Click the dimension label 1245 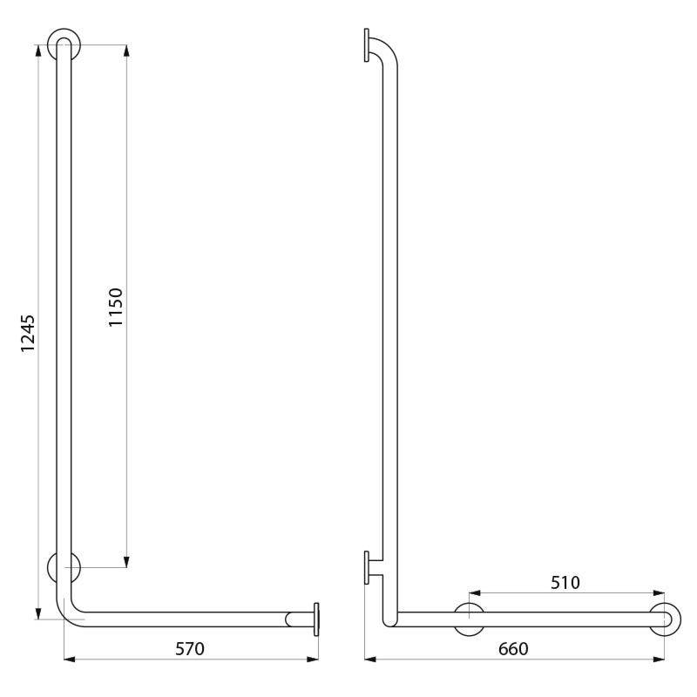tap(28, 333)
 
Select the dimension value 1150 tap(116, 307)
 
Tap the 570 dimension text tap(190, 649)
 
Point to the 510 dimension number tap(565, 582)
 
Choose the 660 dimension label tap(512, 649)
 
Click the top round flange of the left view tap(64, 44)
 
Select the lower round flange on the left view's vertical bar tap(64, 568)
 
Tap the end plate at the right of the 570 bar tap(315, 619)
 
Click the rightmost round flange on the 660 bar tap(665, 619)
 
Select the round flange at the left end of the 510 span tap(470, 619)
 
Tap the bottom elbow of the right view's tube tap(390, 617)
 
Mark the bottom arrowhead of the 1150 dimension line tap(126, 561)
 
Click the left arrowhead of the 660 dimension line tap(370, 659)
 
